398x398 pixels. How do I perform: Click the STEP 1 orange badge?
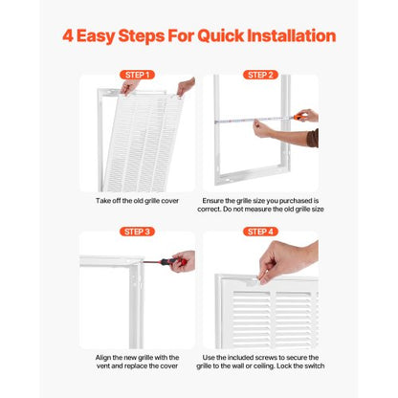point(136,75)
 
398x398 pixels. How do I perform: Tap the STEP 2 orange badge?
point(261,75)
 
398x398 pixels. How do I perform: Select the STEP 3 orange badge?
point(136,232)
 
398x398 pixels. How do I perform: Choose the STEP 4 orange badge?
point(261,232)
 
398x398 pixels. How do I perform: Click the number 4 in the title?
point(68,36)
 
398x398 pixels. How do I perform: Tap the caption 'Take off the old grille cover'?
point(136,202)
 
